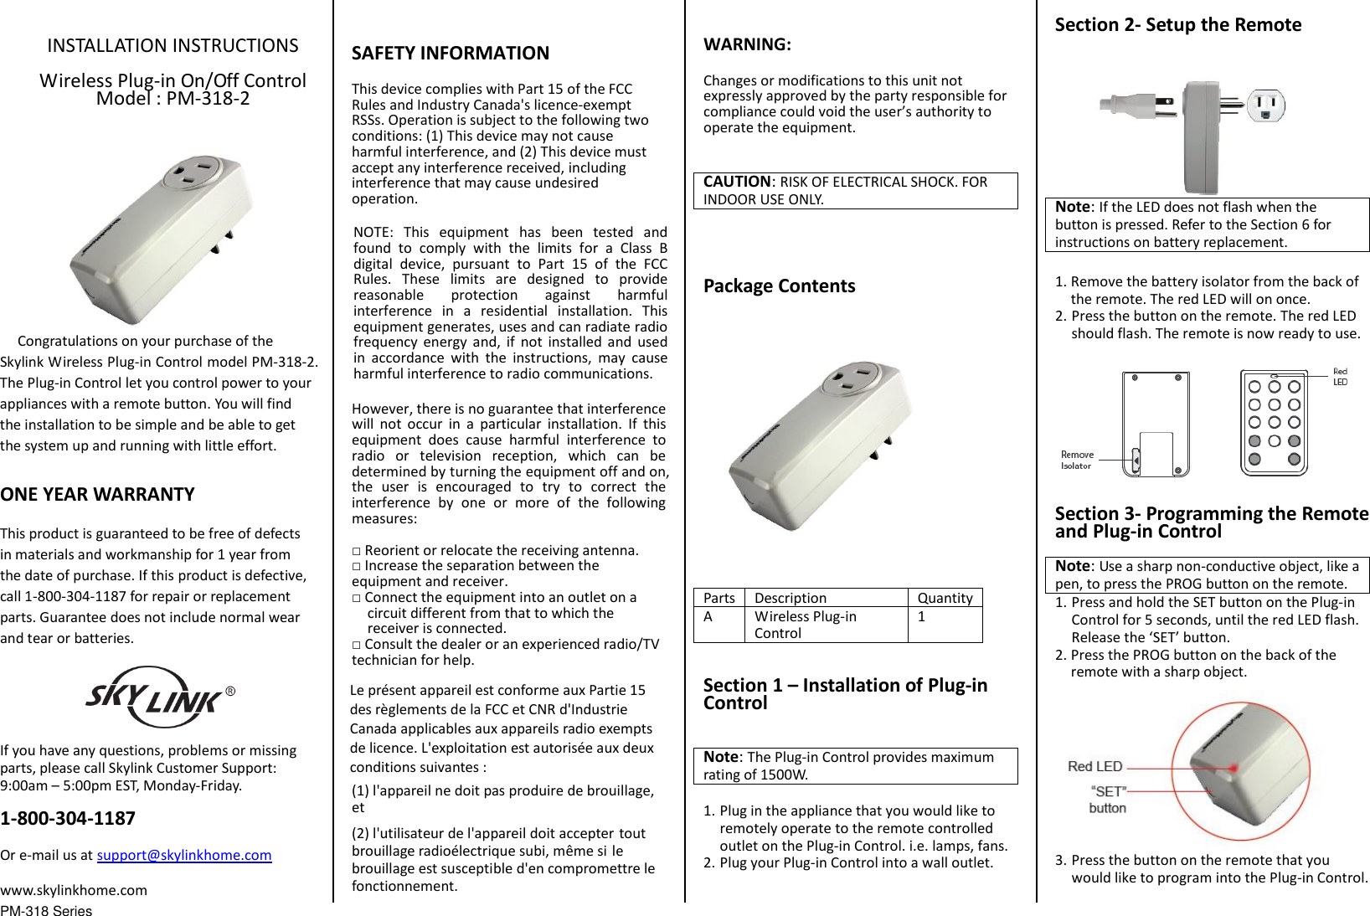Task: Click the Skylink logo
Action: tap(159, 697)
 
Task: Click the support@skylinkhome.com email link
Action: tap(183, 855)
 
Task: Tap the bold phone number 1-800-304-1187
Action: tap(68, 818)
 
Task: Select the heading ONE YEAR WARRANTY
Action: tap(97, 494)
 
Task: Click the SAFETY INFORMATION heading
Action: tap(450, 53)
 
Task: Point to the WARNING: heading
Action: tap(747, 44)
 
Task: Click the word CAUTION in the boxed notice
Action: tap(736, 182)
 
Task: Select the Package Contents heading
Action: tap(779, 286)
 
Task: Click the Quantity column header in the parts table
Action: tap(944, 598)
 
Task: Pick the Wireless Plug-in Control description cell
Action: tap(804, 625)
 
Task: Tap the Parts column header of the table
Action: tap(718, 598)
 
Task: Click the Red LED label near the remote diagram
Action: tap(1340, 377)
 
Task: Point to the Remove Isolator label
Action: tap(1077, 460)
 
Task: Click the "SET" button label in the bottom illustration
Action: tap(1108, 800)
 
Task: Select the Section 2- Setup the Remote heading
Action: tap(1177, 24)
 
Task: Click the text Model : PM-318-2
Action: tap(173, 98)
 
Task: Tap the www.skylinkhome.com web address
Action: tap(74, 890)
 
